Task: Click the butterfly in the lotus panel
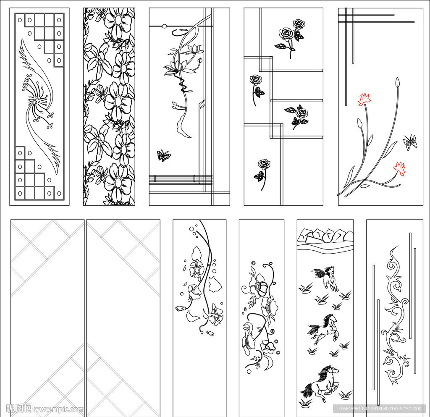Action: [163, 156]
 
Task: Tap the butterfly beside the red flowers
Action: [409, 142]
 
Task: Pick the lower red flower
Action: [400, 168]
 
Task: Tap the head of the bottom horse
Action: [333, 370]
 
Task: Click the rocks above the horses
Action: [325, 236]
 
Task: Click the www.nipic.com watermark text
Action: [58, 409]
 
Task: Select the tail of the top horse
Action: [316, 273]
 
